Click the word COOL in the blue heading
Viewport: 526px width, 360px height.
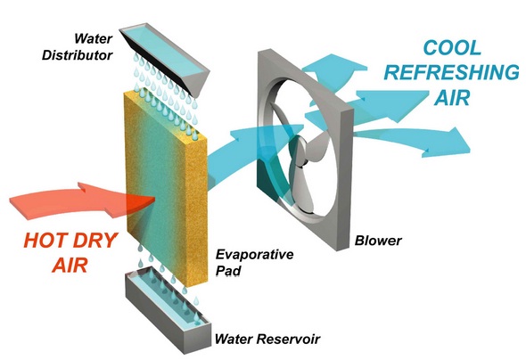coord(452,47)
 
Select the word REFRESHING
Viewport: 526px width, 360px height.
coord(451,72)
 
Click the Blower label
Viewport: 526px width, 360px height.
coord(378,241)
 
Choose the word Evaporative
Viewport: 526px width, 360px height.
coord(254,255)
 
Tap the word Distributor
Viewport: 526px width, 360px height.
coord(77,55)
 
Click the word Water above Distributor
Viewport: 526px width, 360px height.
coord(93,38)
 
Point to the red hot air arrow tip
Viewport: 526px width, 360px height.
coord(154,199)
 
